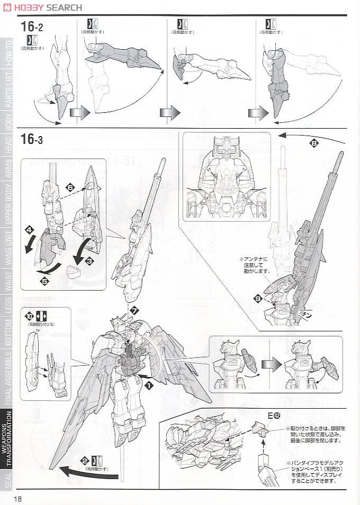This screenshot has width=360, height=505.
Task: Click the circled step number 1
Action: (149, 386)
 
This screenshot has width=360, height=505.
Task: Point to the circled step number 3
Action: (89, 260)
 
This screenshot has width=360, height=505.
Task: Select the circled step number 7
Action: (134, 311)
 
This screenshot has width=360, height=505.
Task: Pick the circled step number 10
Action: (29, 315)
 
